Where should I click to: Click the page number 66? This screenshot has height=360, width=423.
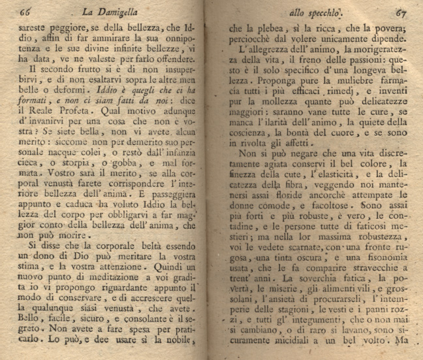(26, 11)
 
